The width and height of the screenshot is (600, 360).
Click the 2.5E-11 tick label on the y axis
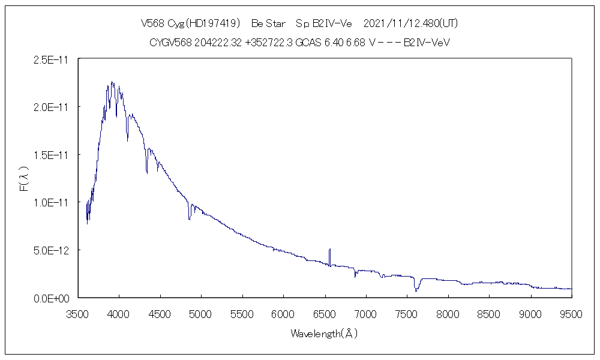(53, 59)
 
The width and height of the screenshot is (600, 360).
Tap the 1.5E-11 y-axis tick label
(53, 155)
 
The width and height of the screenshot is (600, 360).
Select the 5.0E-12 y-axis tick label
(53, 250)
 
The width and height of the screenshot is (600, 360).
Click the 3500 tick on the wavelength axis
(77, 313)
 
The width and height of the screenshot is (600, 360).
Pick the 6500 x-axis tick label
(324, 313)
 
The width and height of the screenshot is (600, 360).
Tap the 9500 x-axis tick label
(571, 313)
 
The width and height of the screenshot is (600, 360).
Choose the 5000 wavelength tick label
(200, 313)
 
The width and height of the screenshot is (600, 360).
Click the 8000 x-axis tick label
(448, 313)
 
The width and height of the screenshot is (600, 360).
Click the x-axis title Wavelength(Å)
(324, 334)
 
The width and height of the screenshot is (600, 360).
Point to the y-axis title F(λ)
(25, 179)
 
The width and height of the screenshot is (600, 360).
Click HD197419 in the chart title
(213, 24)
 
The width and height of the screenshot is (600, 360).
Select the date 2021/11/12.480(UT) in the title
(411, 24)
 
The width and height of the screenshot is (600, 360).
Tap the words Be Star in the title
(268, 24)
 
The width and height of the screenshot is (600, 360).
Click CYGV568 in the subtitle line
(170, 43)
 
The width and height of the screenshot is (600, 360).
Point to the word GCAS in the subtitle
(308, 43)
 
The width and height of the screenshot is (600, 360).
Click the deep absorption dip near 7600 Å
(416, 289)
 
